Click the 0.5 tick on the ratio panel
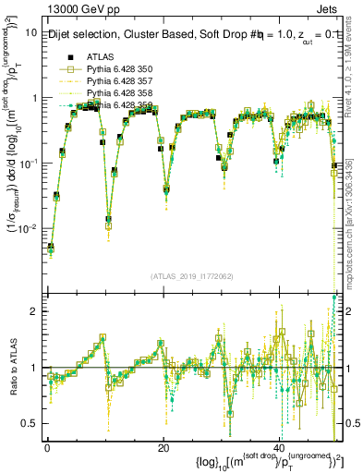(x=30, y=424)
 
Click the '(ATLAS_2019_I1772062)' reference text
(x=192, y=276)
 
